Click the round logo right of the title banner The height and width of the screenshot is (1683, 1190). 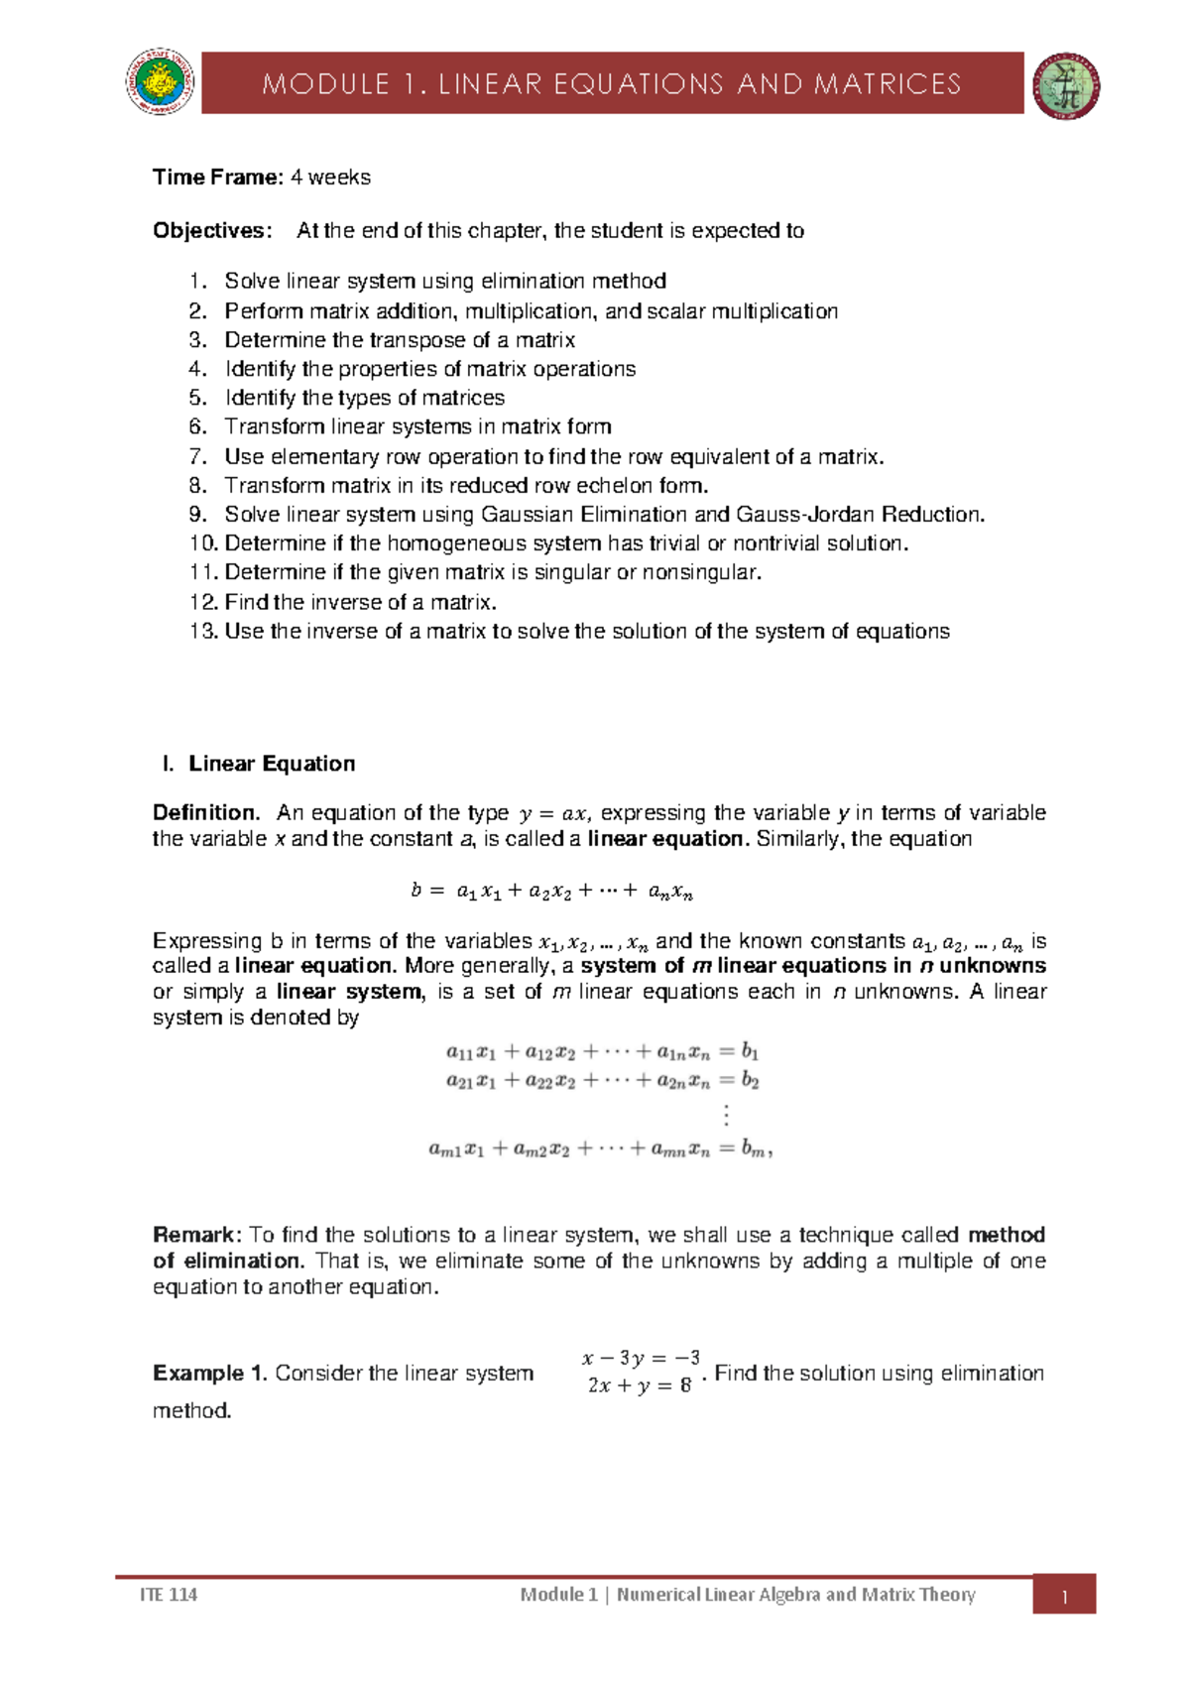(x=1066, y=86)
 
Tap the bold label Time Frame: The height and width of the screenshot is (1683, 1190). (x=217, y=178)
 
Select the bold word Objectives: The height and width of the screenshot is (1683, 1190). (x=211, y=231)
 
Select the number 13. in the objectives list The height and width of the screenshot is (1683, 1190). (x=203, y=632)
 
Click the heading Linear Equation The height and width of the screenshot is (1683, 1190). (x=272, y=764)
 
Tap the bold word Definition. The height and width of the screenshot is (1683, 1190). (x=206, y=813)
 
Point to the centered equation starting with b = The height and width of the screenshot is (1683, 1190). (x=551, y=892)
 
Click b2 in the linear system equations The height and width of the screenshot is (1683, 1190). (x=750, y=1081)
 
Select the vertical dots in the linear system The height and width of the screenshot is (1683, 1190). (x=727, y=1115)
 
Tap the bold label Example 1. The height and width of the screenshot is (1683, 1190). (x=209, y=1374)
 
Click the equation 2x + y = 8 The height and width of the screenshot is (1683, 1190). (x=639, y=1386)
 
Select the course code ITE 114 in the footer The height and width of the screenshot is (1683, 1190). (x=169, y=1595)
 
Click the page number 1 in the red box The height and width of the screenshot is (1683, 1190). (x=1064, y=1597)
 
